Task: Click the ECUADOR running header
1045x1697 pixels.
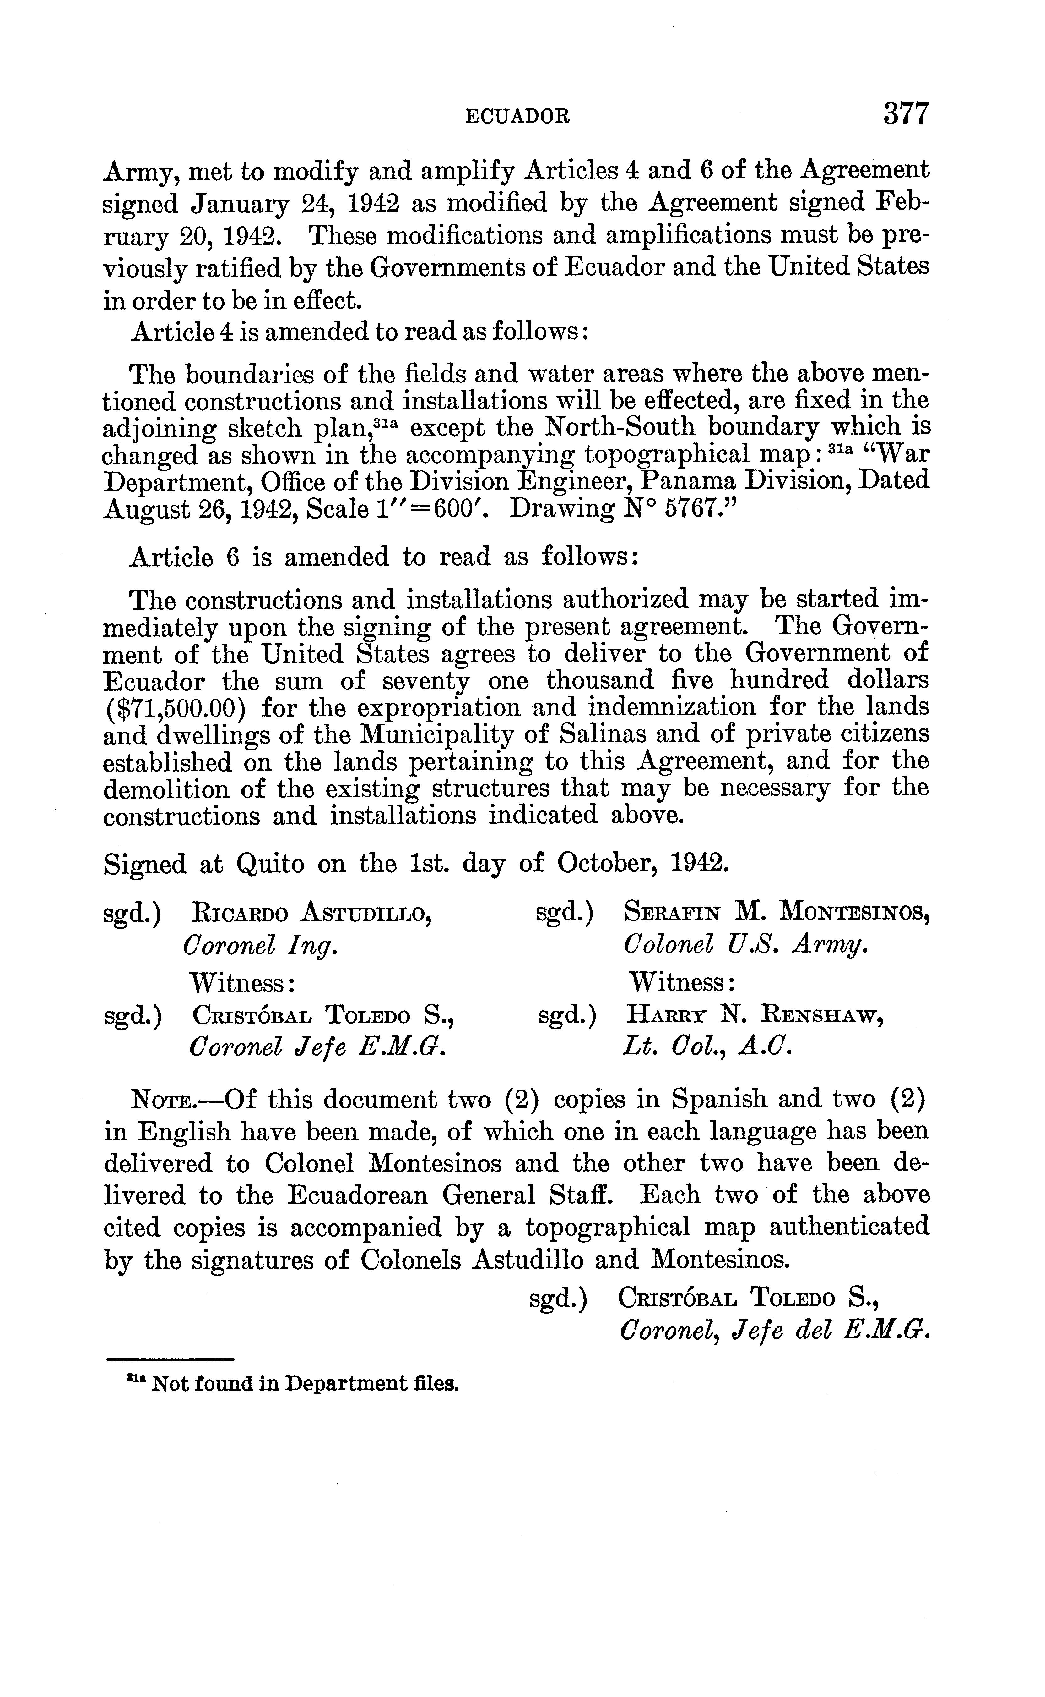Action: pyautogui.click(x=518, y=116)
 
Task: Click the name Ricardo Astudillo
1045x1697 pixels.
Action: pyautogui.click(x=312, y=914)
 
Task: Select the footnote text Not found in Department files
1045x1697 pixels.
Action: pyautogui.click(x=304, y=1384)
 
